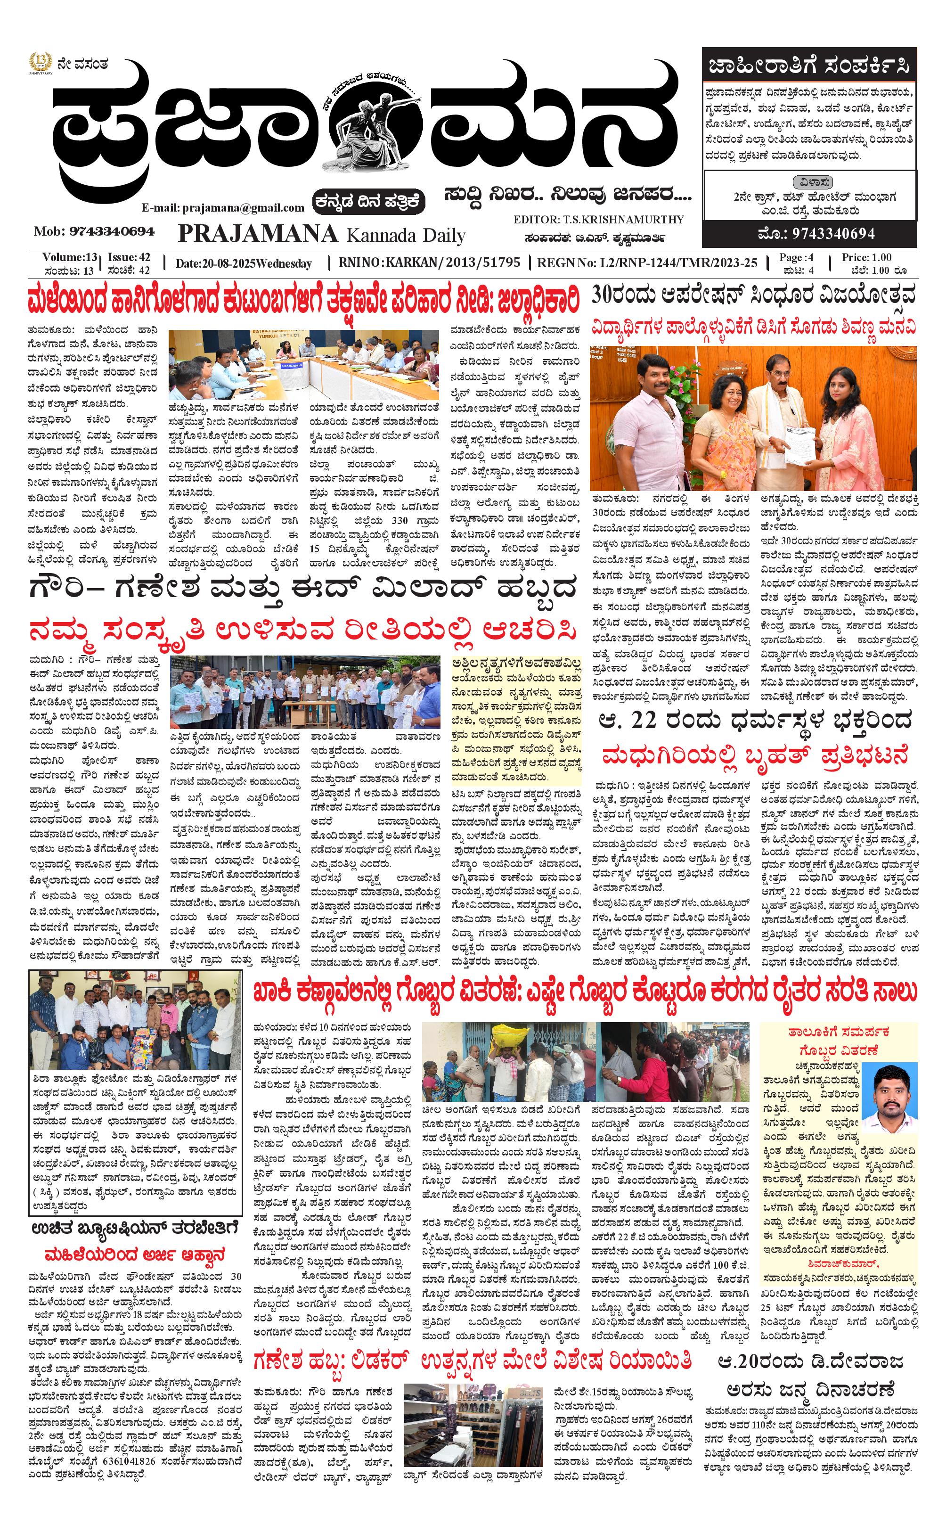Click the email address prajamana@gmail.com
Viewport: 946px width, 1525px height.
223,208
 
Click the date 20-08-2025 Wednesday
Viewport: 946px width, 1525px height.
244,263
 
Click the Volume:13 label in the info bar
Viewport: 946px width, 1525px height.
69,257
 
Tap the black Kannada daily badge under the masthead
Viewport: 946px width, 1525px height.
369,202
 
